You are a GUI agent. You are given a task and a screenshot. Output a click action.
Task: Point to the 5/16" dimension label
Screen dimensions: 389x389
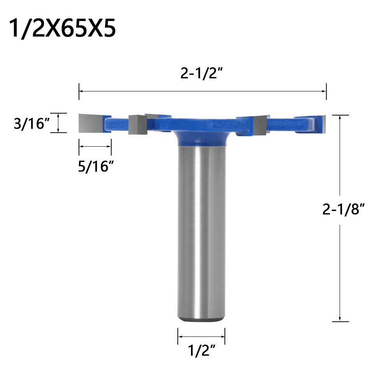pos(96,166)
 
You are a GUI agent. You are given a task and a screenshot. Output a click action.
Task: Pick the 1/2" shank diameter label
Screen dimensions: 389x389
pos(202,351)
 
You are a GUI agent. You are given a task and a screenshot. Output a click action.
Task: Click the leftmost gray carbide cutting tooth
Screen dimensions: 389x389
pos(90,123)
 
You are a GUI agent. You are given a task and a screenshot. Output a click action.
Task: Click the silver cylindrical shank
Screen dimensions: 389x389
pos(202,233)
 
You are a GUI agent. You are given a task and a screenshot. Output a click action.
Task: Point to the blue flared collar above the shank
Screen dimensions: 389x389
pos(202,138)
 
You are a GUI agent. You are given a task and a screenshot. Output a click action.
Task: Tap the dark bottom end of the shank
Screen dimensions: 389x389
pos(202,320)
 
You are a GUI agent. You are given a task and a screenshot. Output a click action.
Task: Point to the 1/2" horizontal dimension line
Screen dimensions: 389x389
pos(202,336)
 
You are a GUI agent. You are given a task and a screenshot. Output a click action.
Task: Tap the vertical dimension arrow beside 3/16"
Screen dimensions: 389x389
pos(58,123)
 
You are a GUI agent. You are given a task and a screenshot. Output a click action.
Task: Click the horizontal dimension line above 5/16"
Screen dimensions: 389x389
pos(95,146)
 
